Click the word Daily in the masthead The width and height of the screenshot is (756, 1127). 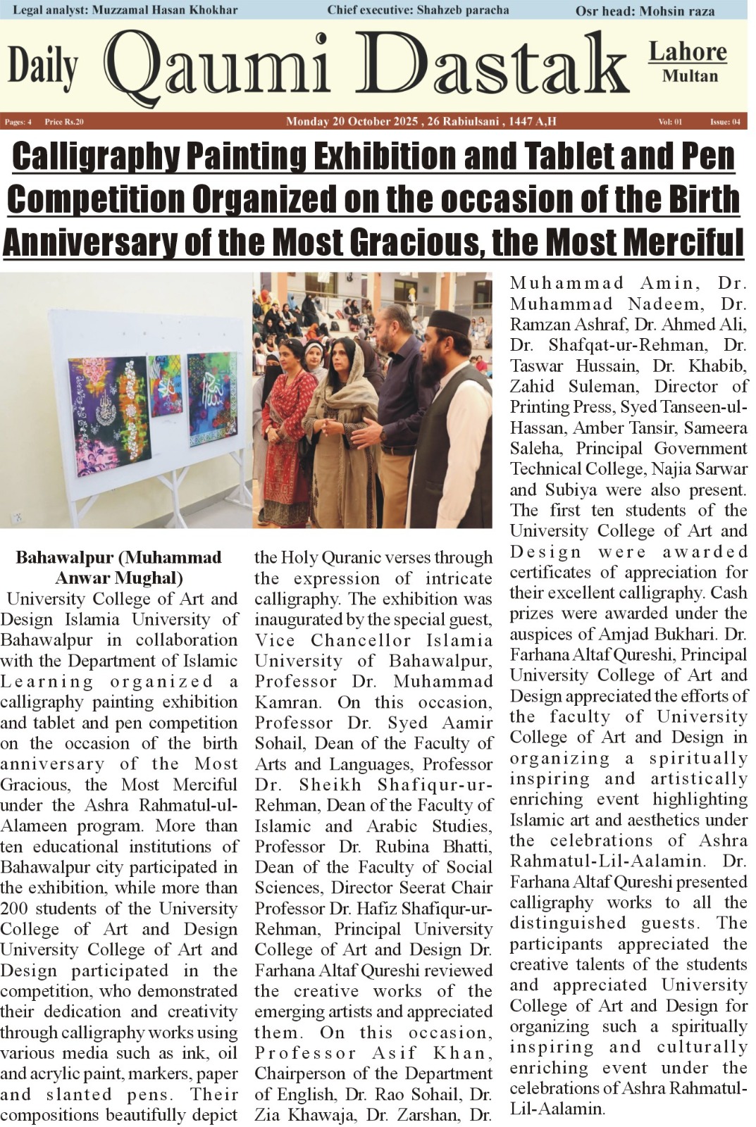click(x=42, y=68)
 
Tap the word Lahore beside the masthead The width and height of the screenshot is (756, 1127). click(x=687, y=51)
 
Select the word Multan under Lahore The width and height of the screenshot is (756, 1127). click(x=690, y=76)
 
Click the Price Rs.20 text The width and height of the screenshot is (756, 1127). click(x=64, y=122)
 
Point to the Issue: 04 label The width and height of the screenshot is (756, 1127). click(x=725, y=122)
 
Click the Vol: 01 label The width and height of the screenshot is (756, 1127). click(x=670, y=122)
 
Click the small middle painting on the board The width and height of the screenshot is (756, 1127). click(x=166, y=385)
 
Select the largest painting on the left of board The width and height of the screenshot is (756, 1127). click(x=108, y=415)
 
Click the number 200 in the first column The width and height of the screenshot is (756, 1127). click(x=15, y=909)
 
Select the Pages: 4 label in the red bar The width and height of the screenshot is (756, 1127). click(x=18, y=122)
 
